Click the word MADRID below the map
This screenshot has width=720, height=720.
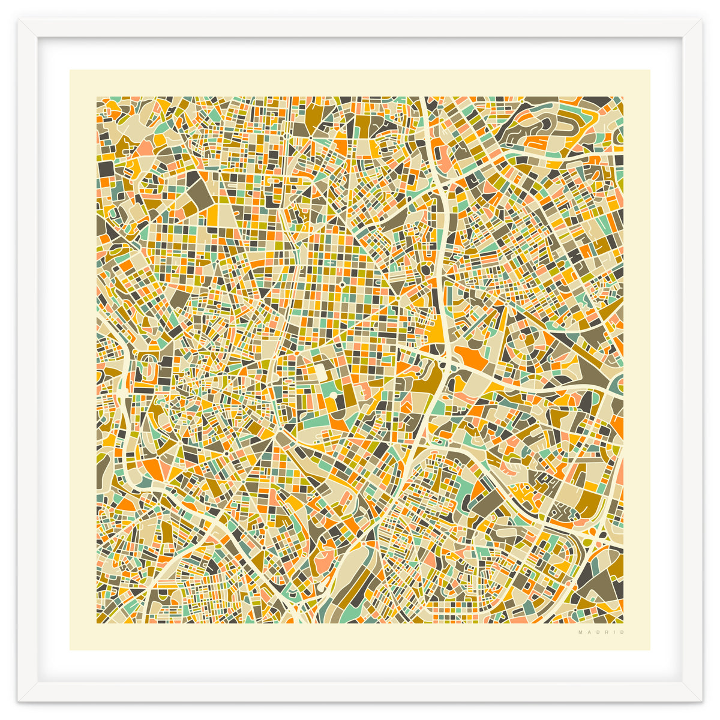pyautogui.click(x=601, y=632)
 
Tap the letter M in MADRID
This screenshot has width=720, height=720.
pyautogui.click(x=580, y=632)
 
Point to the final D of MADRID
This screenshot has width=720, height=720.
pyautogui.click(x=622, y=632)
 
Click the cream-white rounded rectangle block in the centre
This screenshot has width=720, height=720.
pyautogui.click(x=322, y=373)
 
